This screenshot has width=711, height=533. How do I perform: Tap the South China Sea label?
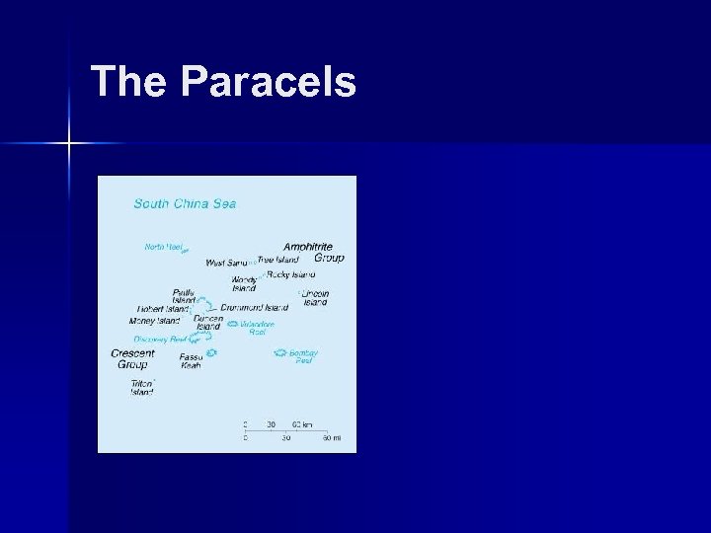(x=185, y=204)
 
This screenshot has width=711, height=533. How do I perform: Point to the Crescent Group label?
(x=132, y=358)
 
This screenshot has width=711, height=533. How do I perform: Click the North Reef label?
(x=164, y=247)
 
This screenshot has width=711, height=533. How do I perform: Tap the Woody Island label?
(x=244, y=283)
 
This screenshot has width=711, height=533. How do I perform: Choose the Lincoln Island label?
(x=315, y=298)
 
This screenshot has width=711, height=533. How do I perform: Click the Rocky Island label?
(x=290, y=274)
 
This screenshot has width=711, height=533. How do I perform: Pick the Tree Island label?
(x=278, y=260)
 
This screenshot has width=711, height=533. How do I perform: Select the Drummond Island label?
(x=255, y=308)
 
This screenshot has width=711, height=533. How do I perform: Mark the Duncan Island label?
(x=208, y=323)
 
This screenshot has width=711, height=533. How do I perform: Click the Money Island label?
(x=155, y=321)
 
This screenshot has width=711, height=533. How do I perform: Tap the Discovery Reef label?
(x=160, y=340)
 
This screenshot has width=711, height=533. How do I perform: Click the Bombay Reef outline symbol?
(x=279, y=352)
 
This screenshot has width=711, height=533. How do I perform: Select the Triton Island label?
(x=141, y=387)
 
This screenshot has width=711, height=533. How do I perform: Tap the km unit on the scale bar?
(x=307, y=424)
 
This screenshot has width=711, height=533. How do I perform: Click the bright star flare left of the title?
(x=69, y=144)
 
